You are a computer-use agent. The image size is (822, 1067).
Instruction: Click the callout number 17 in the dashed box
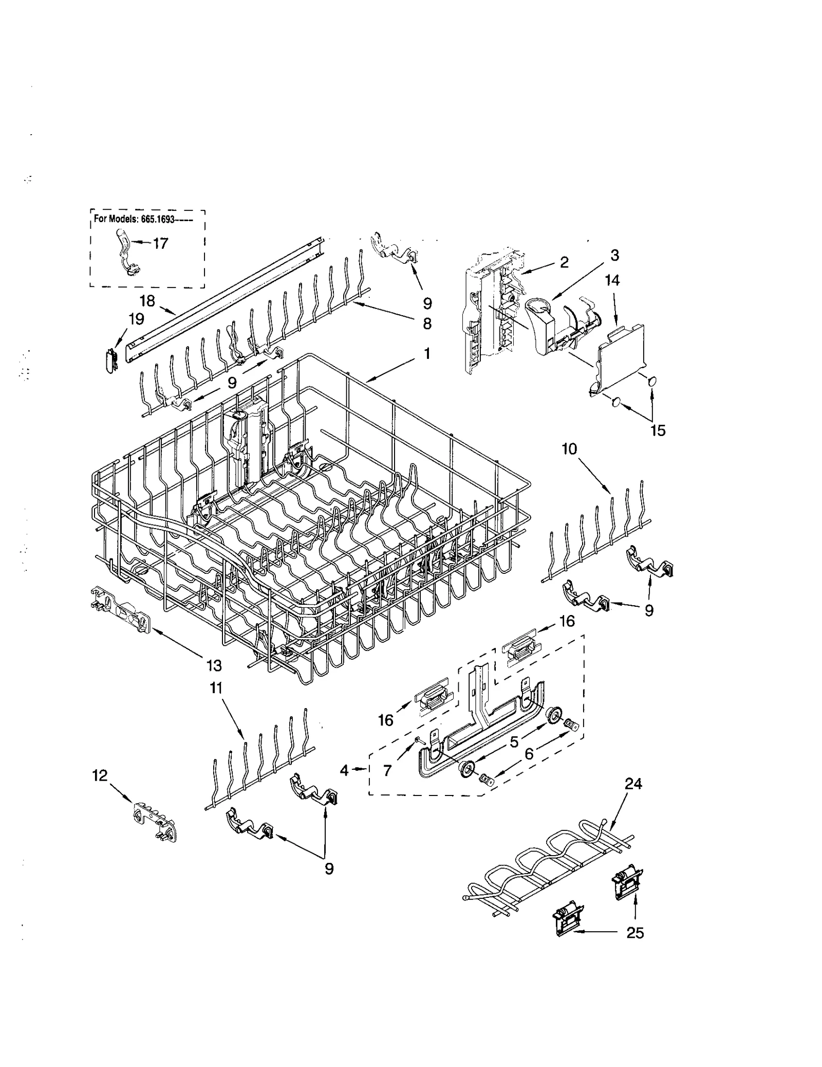(x=161, y=243)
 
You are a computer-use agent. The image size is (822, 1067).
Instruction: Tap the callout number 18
(x=147, y=300)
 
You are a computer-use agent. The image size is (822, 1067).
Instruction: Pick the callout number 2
(x=564, y=262)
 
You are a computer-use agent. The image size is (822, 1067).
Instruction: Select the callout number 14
(x=612, y=281)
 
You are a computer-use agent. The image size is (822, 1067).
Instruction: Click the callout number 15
(x=658, y=430)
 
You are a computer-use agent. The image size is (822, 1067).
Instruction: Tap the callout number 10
(x=569, y=449)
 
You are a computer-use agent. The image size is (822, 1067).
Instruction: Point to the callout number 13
(x=214, y=665)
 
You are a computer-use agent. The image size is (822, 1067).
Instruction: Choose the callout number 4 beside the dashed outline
(x=344, y=770)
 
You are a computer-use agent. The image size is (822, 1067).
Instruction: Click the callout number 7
(x=387, y=770)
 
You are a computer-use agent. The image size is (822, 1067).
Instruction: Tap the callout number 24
(x=633, y=784)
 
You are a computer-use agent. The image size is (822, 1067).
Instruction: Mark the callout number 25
(x=635, y=932)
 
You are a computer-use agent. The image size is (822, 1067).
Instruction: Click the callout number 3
(x=614, y=255)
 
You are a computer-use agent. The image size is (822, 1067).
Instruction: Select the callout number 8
(x=427, y=323)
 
